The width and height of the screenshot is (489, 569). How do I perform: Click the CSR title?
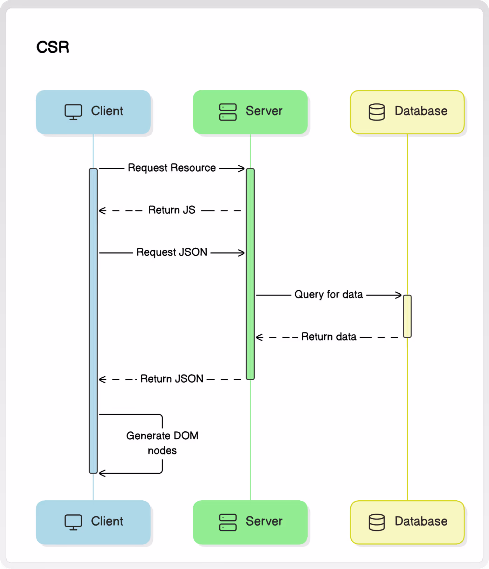pos(53,47)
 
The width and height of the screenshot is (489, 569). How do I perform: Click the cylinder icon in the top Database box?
pos(377,112)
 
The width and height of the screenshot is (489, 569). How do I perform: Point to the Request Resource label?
pos(172,168)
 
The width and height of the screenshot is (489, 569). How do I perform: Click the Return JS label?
pos(172,210)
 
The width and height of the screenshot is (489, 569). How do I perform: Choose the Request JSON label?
pos(172,252)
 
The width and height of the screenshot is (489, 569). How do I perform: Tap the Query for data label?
pos(329,294)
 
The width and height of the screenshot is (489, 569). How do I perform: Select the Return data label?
pos(329,337)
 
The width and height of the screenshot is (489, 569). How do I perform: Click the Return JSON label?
pos(172,379)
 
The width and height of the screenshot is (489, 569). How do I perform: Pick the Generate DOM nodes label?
pos(162,443)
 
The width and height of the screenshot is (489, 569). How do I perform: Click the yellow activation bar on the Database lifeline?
pos(407,316)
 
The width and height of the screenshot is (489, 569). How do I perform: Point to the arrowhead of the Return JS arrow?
pos(102,211)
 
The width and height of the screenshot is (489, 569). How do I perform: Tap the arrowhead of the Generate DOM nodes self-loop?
pos(102,473)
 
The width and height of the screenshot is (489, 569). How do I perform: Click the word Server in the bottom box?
pos(264,521)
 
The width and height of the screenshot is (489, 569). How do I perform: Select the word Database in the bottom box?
pos(421,521)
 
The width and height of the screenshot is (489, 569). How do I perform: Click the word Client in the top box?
pos(107,111)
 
